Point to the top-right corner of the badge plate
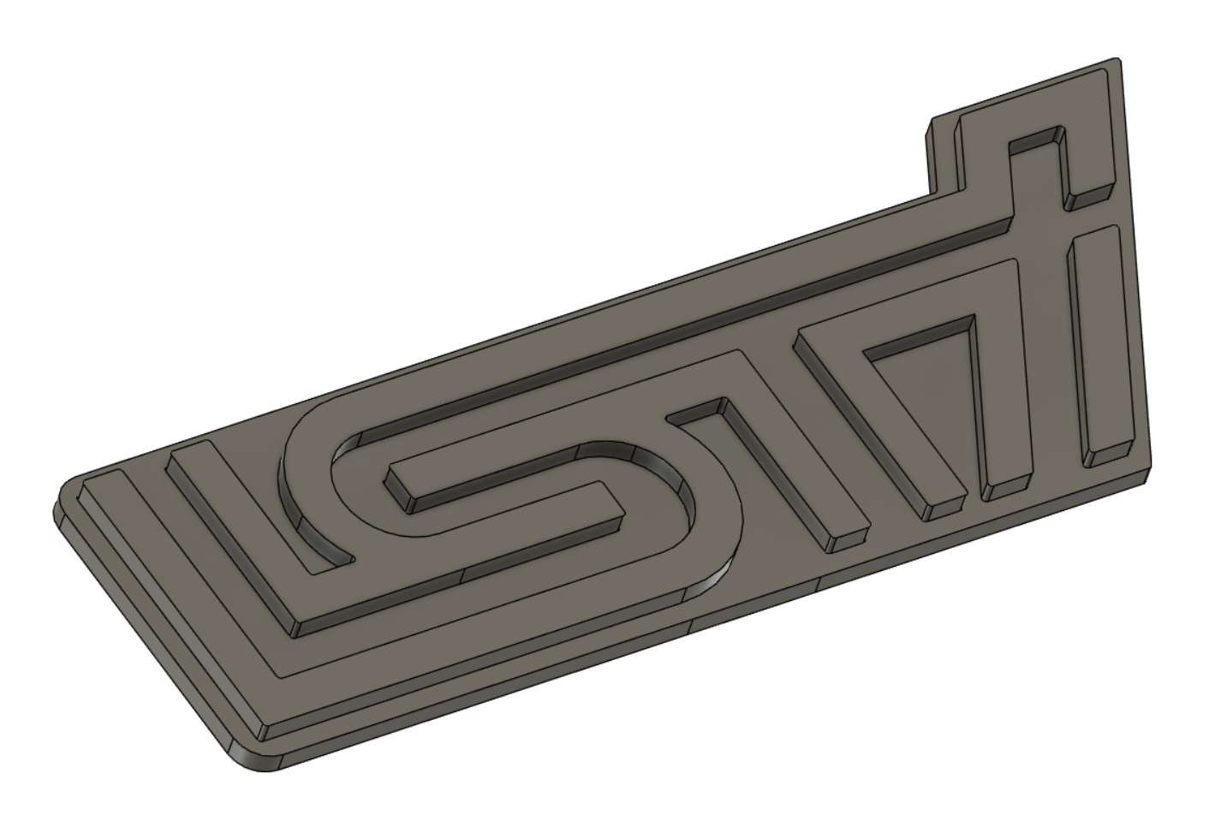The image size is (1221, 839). pyautogui.click(x=1118, y=59)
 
